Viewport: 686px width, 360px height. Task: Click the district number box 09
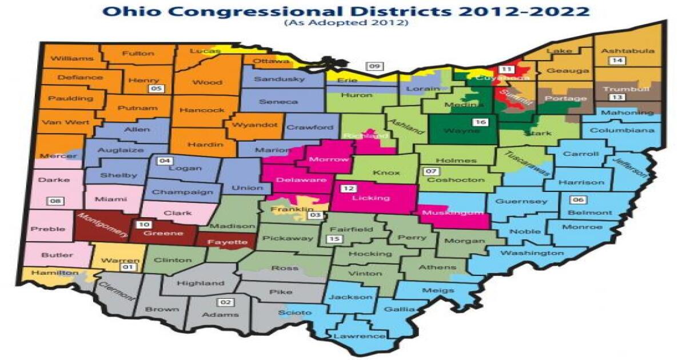click(x=374, y=66)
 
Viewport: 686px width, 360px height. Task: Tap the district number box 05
click(x=156, y=89)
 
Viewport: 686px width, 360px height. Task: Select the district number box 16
click(x=480, y=122)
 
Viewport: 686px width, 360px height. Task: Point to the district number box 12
click(x=348, y=188)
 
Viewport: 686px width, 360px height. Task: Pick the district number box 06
click(x=578, y=200)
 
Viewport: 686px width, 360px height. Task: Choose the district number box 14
click(x=616, y=61)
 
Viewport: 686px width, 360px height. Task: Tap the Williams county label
click(x=71, y=58)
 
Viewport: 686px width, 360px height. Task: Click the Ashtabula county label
click(x=627, y=51)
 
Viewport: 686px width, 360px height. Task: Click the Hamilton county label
click(x=55, y=273)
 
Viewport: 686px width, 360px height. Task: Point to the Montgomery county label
click(x=94, y=225)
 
